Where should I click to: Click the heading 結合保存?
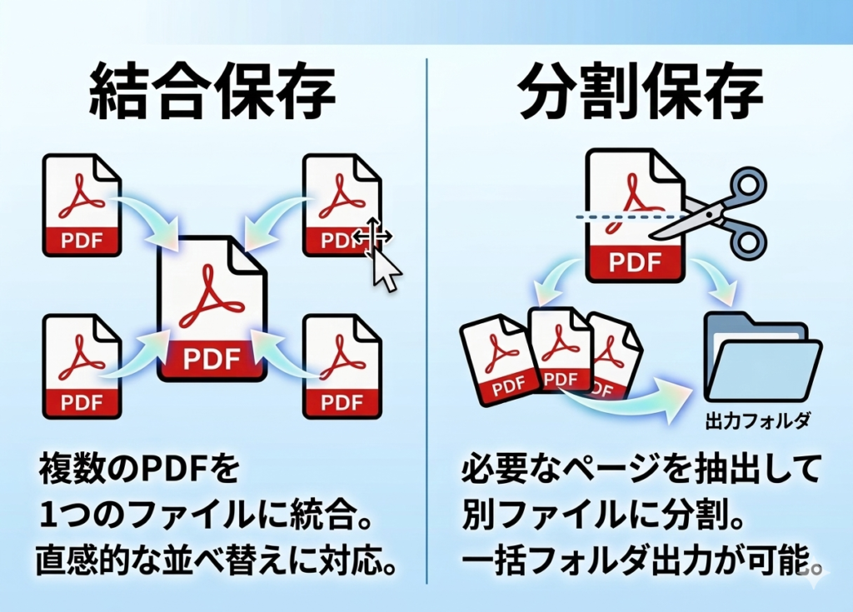(x=212, y=91)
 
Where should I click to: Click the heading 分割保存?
(x=639, y=91)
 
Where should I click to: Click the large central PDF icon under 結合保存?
(x=212, y=308)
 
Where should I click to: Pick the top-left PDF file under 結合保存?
(x=82, y=204)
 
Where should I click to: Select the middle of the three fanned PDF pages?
(x=560, y=350)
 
